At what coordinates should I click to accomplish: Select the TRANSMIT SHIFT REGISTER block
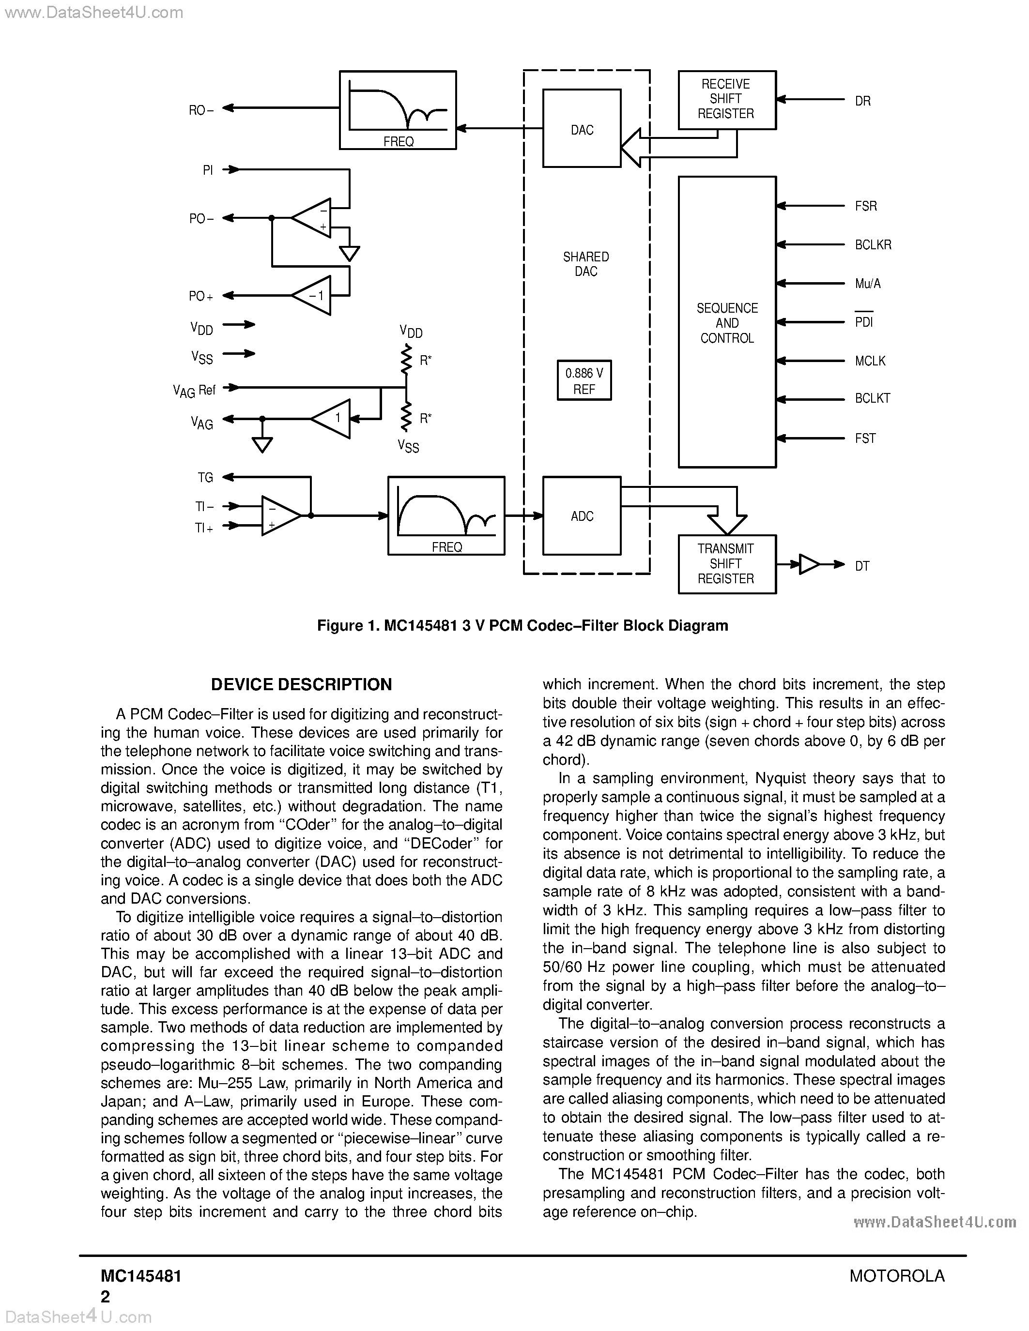(x=727, y=564)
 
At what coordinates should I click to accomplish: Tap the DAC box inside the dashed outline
(x=582, y=129)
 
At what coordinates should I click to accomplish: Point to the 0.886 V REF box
(x=584, y=381)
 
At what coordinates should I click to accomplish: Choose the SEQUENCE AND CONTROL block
(x=727, y=322)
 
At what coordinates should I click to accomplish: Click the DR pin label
(x=862, y=101)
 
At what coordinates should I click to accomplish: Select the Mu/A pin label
(x=867, y=284)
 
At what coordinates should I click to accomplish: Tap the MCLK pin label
(x=870, y=361)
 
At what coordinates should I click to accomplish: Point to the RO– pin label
(x=200, y=110)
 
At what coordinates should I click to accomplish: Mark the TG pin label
(x=205, y=478)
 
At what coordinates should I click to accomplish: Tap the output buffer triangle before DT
(x=809, y=564)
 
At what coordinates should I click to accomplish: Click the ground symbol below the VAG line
(x=262, y=444)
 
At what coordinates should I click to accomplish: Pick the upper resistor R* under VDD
(x=406, y=360)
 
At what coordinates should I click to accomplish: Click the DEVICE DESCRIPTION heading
(x=301, y=684)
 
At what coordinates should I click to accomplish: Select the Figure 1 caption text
(x=522, y=626)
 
